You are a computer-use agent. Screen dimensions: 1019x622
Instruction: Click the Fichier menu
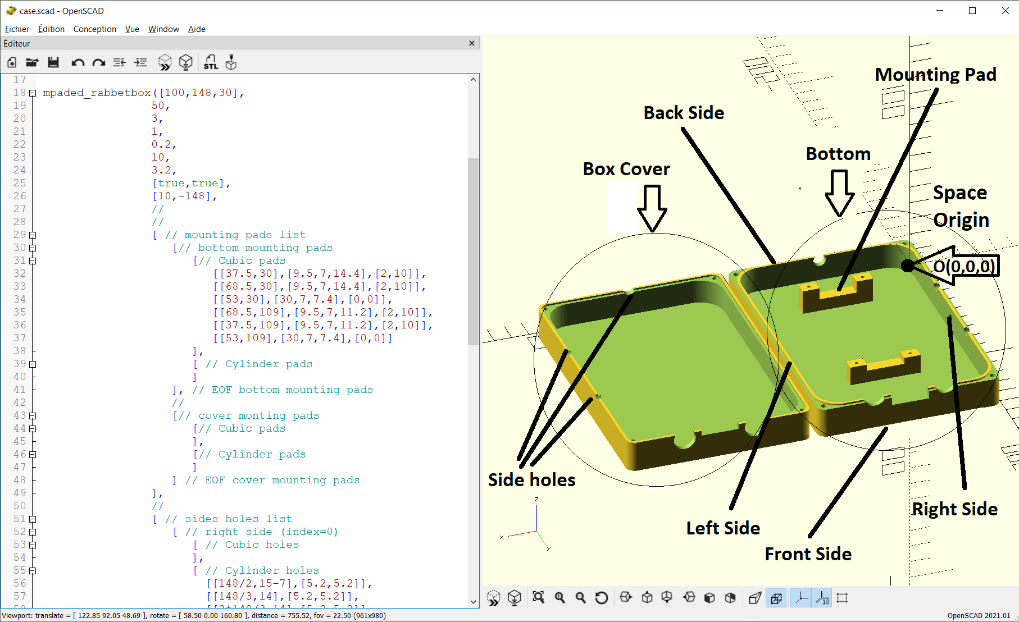[x=17, y=29]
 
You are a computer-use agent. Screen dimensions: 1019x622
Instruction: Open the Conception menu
[x=94, y=29]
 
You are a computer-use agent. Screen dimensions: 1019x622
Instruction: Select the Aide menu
[x=197, y=29]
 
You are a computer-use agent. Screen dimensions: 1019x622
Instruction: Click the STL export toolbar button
[x=211, y=62]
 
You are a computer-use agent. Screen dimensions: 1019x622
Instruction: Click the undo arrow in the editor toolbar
[x=78, y=62]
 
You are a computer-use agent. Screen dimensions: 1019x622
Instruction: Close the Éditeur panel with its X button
[x=472, y=43]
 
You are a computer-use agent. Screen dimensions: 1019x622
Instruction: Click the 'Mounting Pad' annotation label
[x=936, y=75]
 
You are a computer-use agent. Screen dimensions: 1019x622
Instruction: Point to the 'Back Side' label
[x=684, y=113]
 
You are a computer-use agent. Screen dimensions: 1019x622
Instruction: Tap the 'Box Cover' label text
[x=626, y=169]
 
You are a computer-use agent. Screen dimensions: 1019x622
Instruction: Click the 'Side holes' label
[x=531, y=480]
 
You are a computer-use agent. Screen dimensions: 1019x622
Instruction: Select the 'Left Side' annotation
[x=723, y=528]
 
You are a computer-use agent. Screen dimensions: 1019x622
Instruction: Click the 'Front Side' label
[x=808, y=554]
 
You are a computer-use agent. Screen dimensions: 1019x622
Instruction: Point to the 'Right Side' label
[x=955, y=509]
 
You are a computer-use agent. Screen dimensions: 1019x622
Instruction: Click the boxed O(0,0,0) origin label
[x=965, y=266]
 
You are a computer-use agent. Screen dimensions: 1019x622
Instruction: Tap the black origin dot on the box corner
[x=908, y=266]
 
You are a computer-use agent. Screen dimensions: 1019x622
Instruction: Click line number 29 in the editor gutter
[x=20, y=235]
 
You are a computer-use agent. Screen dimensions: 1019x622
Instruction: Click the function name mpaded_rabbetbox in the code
[x=97, y=93]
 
